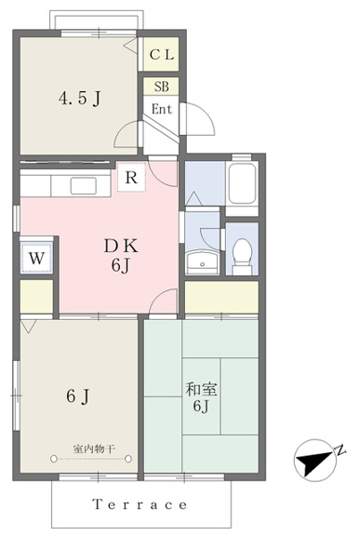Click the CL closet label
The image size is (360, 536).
162,55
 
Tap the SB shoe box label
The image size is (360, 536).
161,87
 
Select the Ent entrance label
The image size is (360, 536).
162,110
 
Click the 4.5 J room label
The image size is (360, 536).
80,99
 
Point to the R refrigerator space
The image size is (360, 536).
131,178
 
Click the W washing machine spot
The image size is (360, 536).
36,258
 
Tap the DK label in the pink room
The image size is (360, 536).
121,246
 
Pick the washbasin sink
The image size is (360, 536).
203,262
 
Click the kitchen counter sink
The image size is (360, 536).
84,186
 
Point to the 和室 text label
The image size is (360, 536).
202,390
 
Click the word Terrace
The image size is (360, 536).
140,504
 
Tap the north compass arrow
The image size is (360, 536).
313,462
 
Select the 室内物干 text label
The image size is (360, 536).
94,449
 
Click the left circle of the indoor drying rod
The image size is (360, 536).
54,459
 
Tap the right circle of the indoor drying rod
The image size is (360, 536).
128,459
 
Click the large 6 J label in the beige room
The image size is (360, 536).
78,396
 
